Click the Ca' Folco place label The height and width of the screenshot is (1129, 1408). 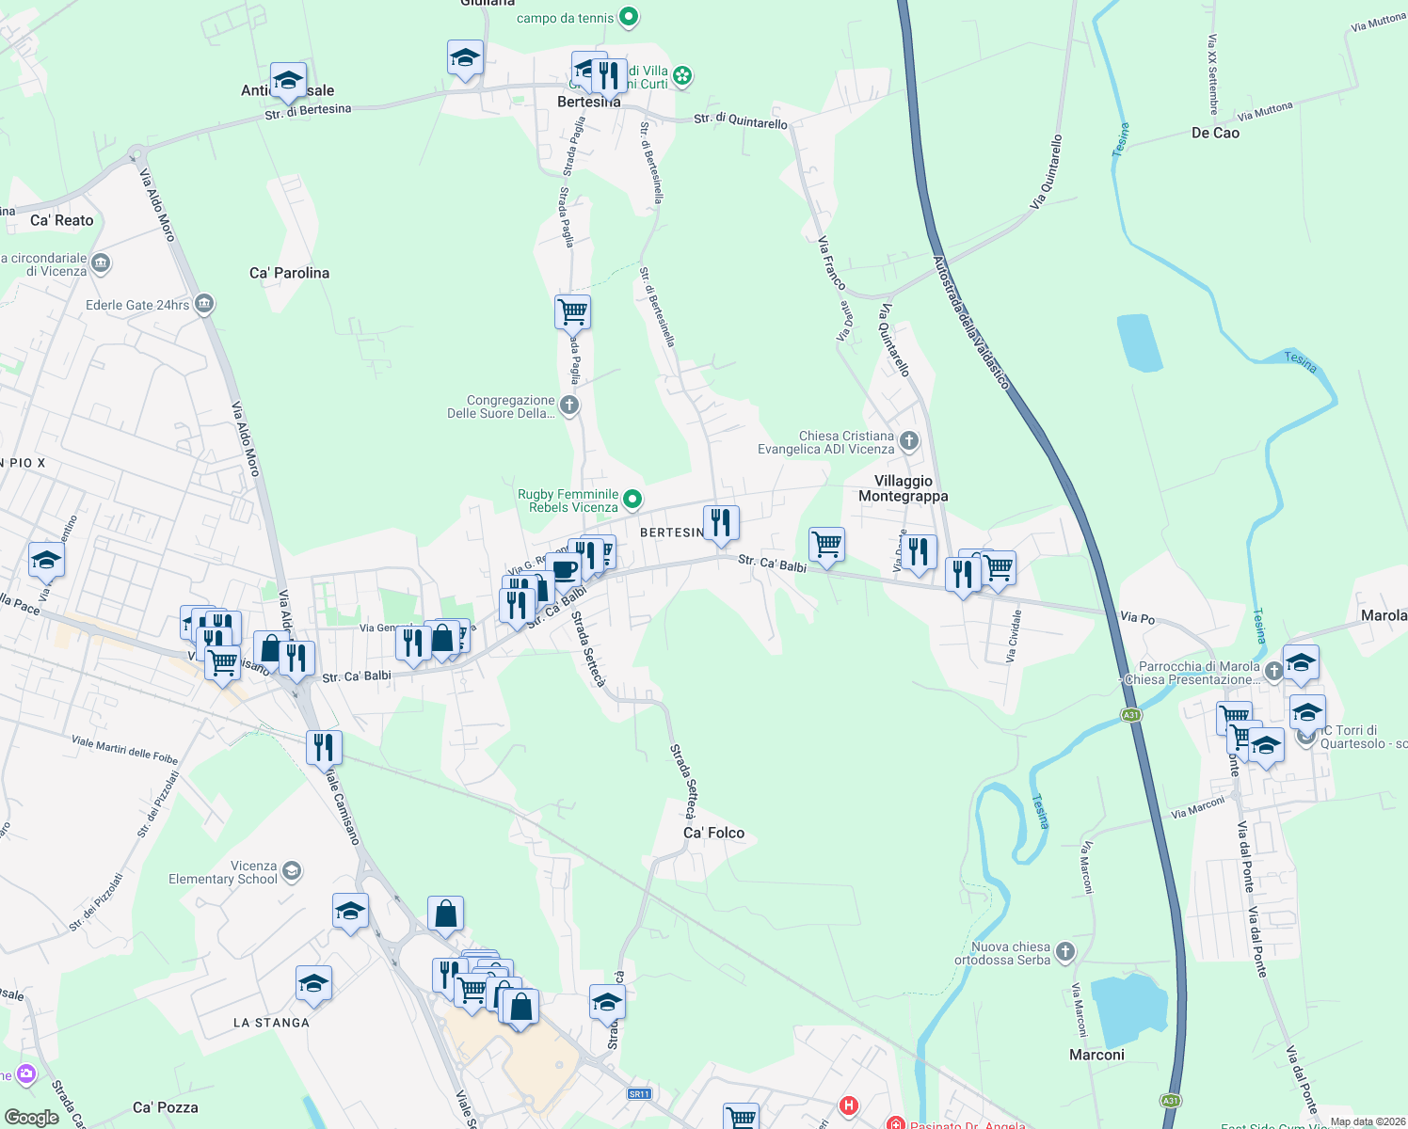click(x=713, y=833)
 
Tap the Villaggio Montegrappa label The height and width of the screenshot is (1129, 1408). click(x=903, y=488)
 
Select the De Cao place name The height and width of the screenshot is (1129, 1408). click(x=1215, y=133)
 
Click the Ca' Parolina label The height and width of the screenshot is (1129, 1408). click(x=289, y=273)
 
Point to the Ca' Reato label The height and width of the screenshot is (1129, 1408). click(x=62, y=220)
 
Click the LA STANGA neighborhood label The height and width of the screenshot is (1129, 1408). click(x=271, y=1023)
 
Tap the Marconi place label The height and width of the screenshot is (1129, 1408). click(x=1096, y=1055)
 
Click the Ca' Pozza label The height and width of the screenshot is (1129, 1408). click(x=166, y=1107)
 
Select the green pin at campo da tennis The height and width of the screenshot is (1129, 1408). click(x=631, y=17)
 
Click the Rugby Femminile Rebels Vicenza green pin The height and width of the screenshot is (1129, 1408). click(x=633, y=500)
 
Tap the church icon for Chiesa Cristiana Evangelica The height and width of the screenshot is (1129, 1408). click(x=909, y=440)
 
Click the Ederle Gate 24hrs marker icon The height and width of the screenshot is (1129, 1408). click(x=204, y=304)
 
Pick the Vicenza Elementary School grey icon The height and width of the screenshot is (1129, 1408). click(x=292, y=870)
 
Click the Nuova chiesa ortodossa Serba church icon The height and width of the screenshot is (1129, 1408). click(x=1065, y=952)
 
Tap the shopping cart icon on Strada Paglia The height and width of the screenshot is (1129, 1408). click(x=572, y=311)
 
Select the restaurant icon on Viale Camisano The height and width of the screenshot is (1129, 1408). click(x=323, y=747)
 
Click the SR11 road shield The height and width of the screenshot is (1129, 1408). click(x=639, y=1093)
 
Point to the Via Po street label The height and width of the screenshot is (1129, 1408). click(x=1137, y=617)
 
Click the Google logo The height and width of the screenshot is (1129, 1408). click(x=31, y=1117)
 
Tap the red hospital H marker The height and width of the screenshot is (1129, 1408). click(x=849, y=1106)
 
